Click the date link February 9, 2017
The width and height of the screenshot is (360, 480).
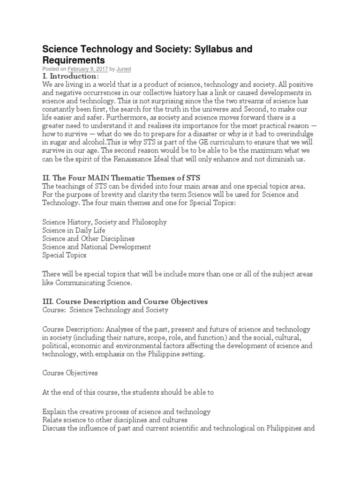coord(88,69)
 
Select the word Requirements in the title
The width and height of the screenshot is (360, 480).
coord(74,60)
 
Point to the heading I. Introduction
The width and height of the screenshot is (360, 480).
coord(70,76)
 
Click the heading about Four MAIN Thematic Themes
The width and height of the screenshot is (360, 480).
coord(121,178)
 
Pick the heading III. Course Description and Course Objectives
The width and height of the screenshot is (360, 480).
coord(125,301)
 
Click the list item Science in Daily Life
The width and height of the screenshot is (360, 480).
coord(74,230)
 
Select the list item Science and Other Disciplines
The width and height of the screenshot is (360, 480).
coord(88,239)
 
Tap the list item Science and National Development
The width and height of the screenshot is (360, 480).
coord(96,247)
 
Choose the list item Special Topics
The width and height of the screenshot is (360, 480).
coord(64,255)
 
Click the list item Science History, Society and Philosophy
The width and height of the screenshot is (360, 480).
coord(104,222)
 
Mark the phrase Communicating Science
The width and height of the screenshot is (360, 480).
coord(104,283)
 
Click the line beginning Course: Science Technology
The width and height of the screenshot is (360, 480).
coord(105,310)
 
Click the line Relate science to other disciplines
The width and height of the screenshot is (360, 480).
coord(114,420)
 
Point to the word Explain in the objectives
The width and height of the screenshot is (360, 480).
coord(53,412)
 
